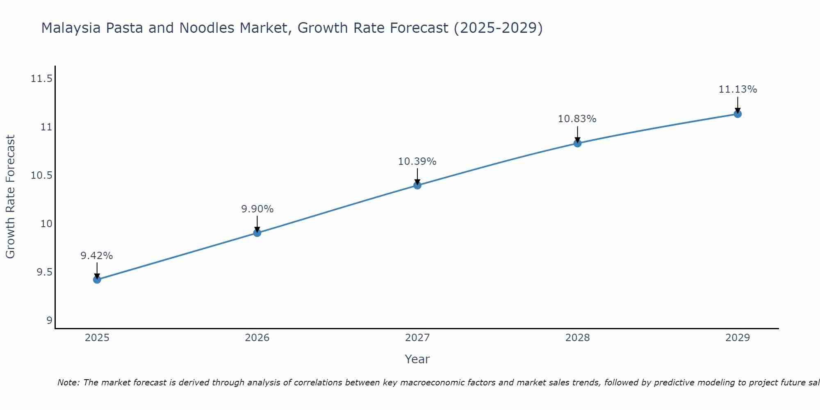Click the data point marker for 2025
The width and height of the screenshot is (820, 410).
pyautogui.click(x=97, y=280)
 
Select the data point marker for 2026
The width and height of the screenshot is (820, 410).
pyautogui.click(x=257, y=233)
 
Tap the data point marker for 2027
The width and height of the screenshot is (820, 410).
pyautogui.click(x=417, y=185)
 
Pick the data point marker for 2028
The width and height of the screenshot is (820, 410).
pyautogui.click(x=577, y=143)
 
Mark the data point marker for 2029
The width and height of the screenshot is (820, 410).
pyautogui.click(x=738, y=114)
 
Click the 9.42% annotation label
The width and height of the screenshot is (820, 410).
pyautogui.click(x=97, y=256)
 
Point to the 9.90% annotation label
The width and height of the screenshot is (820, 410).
pyautogui.click(x=257, y=209)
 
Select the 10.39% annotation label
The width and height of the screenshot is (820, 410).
pyautogui.click(x=417, y=162)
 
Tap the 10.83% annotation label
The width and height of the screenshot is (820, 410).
pyautogui.click(x=577, y=119)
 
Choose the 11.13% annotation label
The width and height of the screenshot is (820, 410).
pyautogui.click(x=738, y=89)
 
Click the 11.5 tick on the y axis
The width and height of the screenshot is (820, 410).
pyautogui.click(x=41, y=79)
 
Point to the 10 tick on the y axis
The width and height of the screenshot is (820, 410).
pyautogui.click(x=46, y=224)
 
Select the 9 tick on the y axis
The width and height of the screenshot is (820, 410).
pyautogui.click(x=50, y=321)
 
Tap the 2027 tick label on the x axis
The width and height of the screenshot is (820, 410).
pyautogui.click(x=417, y=338)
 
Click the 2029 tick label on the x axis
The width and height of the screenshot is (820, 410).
pyautogui.click(x=738, y=338)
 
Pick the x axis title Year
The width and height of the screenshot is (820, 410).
pyautogui.click(x=417, y=359)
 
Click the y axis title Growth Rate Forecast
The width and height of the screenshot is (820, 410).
pyautogui.click(x=10, y=197)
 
